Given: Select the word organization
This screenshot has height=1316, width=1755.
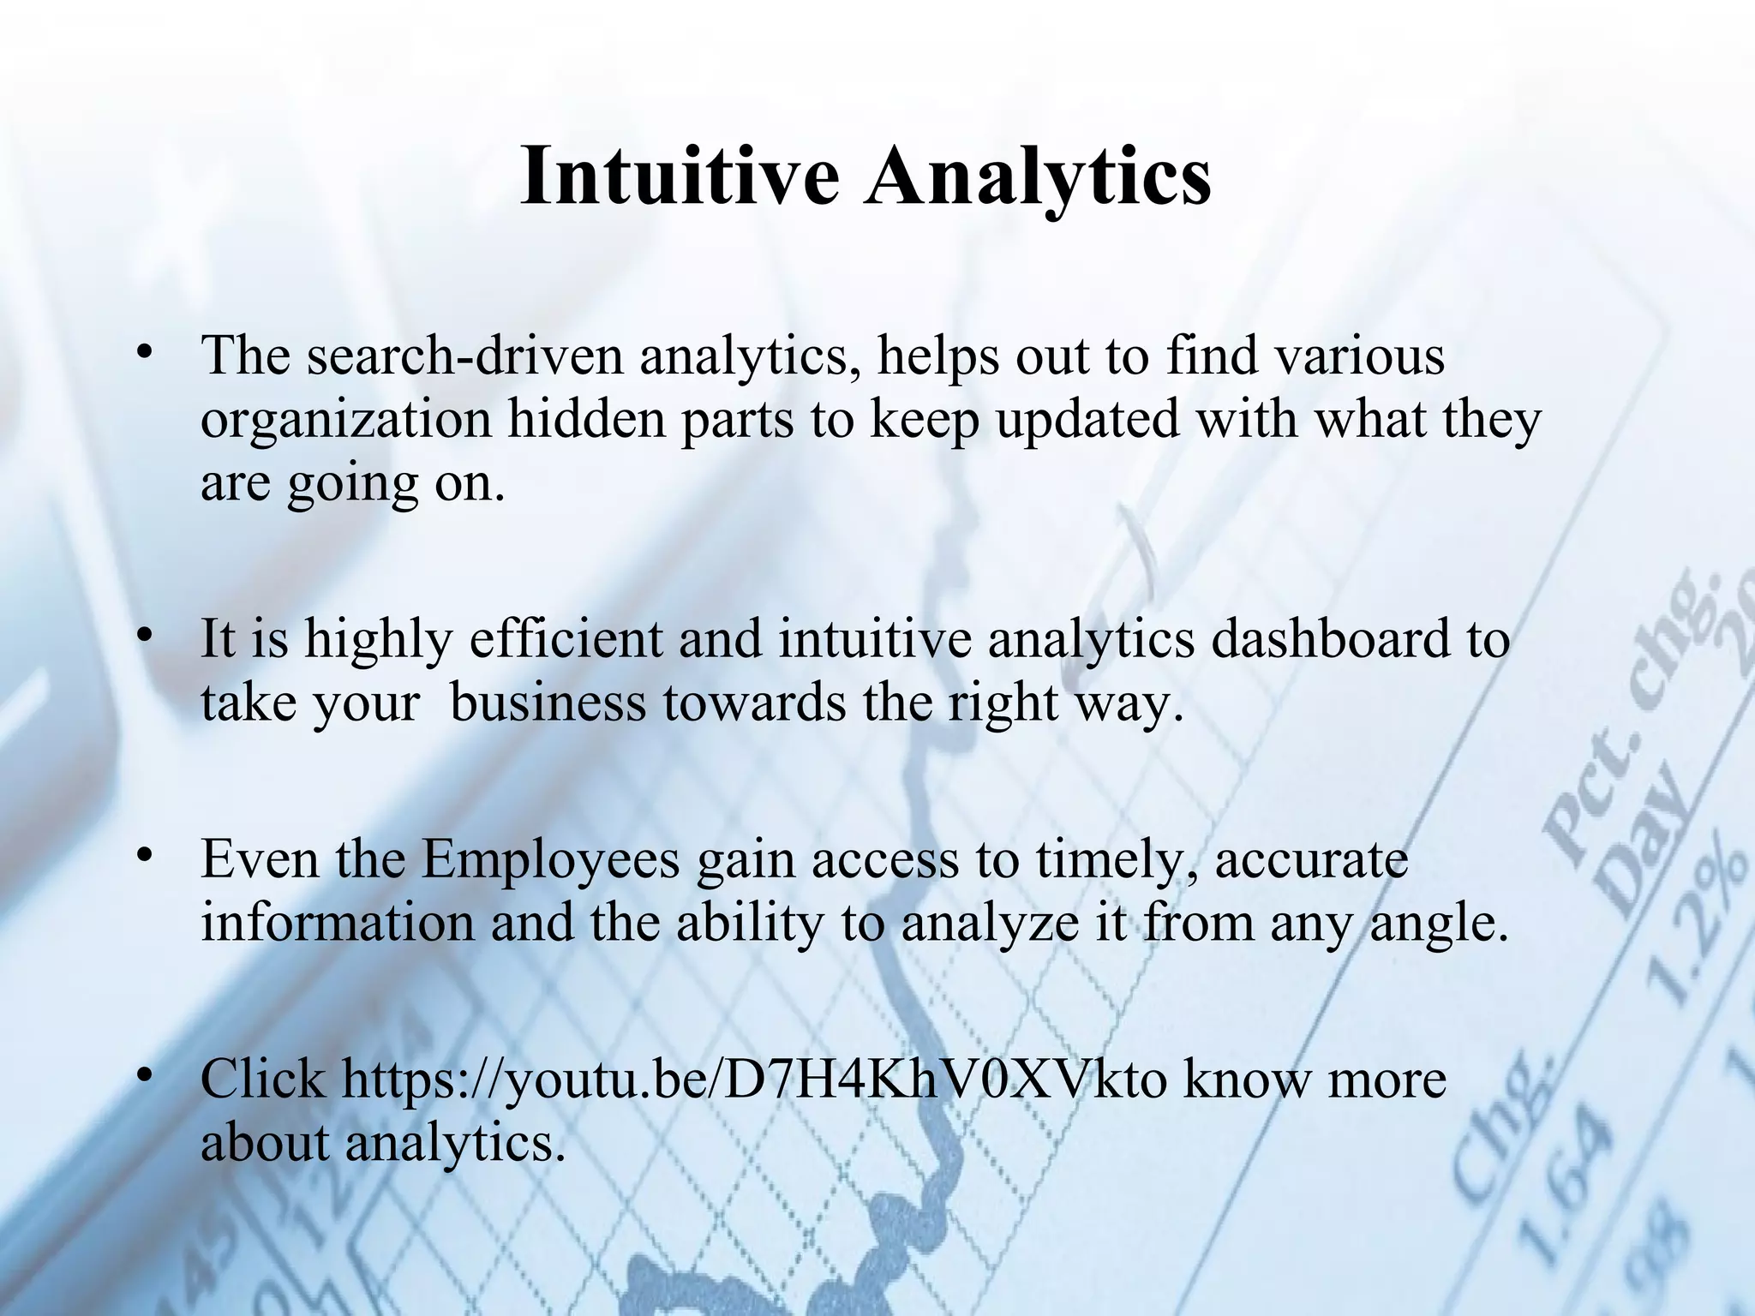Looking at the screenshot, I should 346,421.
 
